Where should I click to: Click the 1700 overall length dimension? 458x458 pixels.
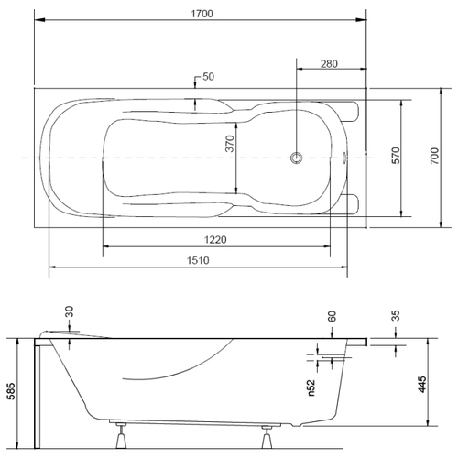[202, 14]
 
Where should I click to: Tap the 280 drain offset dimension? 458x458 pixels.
[329, 64]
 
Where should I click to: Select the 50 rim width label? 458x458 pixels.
[208, 76]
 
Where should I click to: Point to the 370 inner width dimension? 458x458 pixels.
[229, 144]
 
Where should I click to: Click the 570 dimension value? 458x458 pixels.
[396, 156]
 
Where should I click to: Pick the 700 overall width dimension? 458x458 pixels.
[434, 156]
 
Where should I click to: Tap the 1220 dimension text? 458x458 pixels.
[215, 240]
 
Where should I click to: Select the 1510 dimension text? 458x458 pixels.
[198, 260]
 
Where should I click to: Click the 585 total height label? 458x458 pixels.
[11, 391]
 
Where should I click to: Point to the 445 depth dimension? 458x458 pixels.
[421, 385]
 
